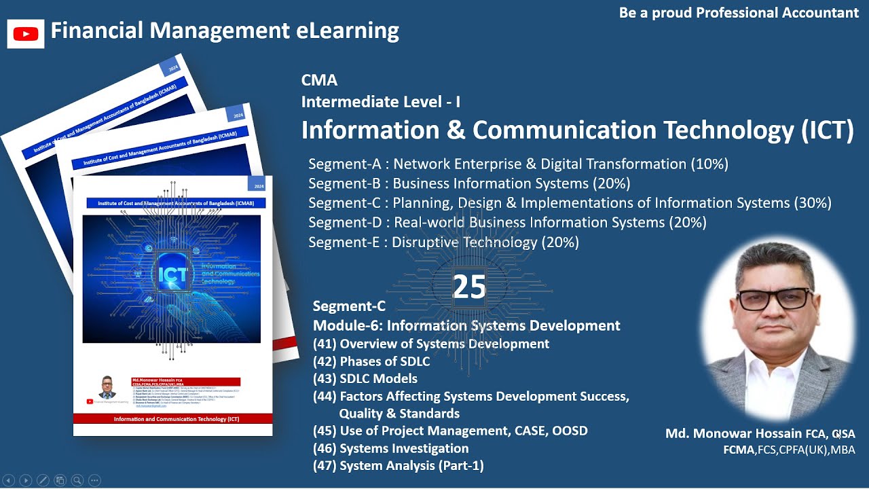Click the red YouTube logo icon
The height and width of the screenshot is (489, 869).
point(26,33)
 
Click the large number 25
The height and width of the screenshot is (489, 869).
point(469,287)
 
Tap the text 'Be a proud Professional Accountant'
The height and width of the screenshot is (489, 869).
point(739,13)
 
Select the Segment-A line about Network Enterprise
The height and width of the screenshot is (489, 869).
point(518,164)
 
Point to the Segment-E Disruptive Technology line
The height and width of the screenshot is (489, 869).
point(443,242)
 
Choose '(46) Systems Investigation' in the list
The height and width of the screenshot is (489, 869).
point(391,448)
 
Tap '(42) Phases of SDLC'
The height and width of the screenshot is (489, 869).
point(371,361)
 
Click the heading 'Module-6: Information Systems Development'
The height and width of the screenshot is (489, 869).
point(466,325)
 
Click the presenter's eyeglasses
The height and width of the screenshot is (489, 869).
point(775,300)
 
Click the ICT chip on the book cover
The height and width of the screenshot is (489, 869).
point(172,274)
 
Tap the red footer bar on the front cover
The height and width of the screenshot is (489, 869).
point(172,419)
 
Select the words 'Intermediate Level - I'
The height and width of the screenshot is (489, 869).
point(381,102)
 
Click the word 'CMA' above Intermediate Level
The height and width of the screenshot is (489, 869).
point(319,80)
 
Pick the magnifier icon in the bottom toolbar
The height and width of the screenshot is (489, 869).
point(77,479)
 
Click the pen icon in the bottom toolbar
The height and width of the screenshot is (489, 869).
point(43,479)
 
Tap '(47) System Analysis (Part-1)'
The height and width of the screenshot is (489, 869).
point(399,466)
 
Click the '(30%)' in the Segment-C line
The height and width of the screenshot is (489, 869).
point(813,203)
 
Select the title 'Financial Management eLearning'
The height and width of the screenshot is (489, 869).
point(225,31)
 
